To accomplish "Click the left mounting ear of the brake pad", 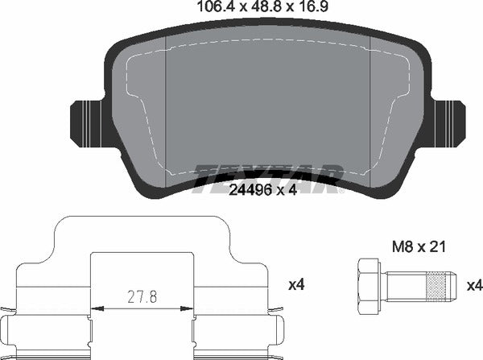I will [89, 121].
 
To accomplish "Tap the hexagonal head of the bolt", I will [366, 287].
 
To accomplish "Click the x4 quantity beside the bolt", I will [475, 285].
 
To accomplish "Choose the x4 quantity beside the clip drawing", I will [296, 285].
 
